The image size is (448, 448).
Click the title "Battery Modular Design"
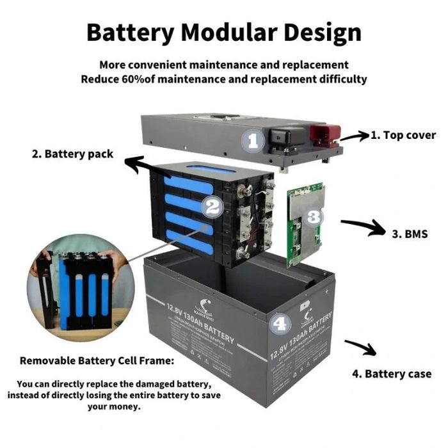tap(224, 31)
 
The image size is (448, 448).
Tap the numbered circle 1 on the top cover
tap(253, 140)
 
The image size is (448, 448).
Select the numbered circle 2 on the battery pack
tap(212, 206)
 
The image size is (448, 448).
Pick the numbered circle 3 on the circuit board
tap(312, 216)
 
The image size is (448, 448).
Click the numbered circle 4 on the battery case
tap(280, 324)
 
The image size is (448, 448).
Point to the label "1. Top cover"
tap(404, 135)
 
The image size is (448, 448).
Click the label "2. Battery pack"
tap(72, 154)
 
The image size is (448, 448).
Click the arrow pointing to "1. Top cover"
tap(354, 136)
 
